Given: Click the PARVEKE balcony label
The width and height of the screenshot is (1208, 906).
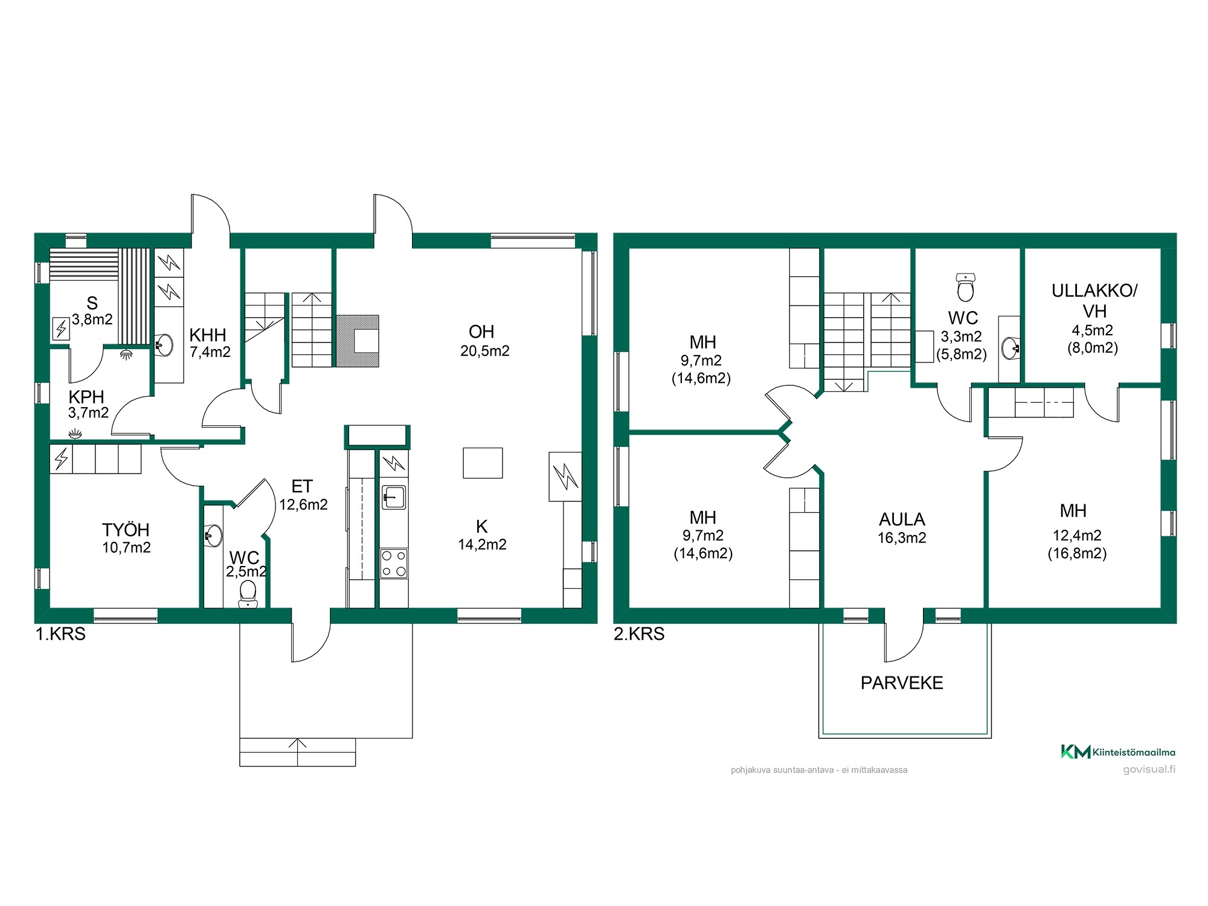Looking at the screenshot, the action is (902, 683).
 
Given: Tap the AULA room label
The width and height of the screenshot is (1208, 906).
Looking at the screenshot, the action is (902, 519).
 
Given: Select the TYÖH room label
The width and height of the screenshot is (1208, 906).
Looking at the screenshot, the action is (126, 530).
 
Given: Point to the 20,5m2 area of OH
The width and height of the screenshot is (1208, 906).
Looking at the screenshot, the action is (484, 351).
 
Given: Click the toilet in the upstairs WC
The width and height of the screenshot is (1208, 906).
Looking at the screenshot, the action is (966, 287).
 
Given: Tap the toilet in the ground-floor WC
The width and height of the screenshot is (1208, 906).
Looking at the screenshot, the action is (248, 594).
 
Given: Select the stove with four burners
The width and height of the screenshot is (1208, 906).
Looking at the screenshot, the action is (394, 564).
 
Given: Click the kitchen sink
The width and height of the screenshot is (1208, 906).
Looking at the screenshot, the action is (394, 498).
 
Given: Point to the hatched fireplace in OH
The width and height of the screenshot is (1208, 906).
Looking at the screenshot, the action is (358, 341).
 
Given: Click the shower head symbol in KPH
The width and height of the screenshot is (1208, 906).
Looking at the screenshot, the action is (126, 354).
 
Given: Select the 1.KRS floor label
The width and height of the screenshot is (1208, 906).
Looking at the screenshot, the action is (60, 634).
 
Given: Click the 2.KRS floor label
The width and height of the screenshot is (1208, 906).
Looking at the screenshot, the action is (639, 634).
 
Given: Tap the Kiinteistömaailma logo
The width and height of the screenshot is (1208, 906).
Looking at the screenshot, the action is (1118, 752).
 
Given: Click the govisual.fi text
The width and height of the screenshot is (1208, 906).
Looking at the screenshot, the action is (1149, 769).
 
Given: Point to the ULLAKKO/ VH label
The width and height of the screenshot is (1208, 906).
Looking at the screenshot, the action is (1094, 301).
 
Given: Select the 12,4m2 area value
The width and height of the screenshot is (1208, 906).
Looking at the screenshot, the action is (1077, 536).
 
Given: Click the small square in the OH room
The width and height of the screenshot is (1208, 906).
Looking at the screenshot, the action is (483, 463).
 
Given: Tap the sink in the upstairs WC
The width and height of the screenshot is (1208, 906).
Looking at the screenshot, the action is (1010, 348).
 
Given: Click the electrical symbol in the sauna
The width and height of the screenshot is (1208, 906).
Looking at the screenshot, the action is (61, 329).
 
